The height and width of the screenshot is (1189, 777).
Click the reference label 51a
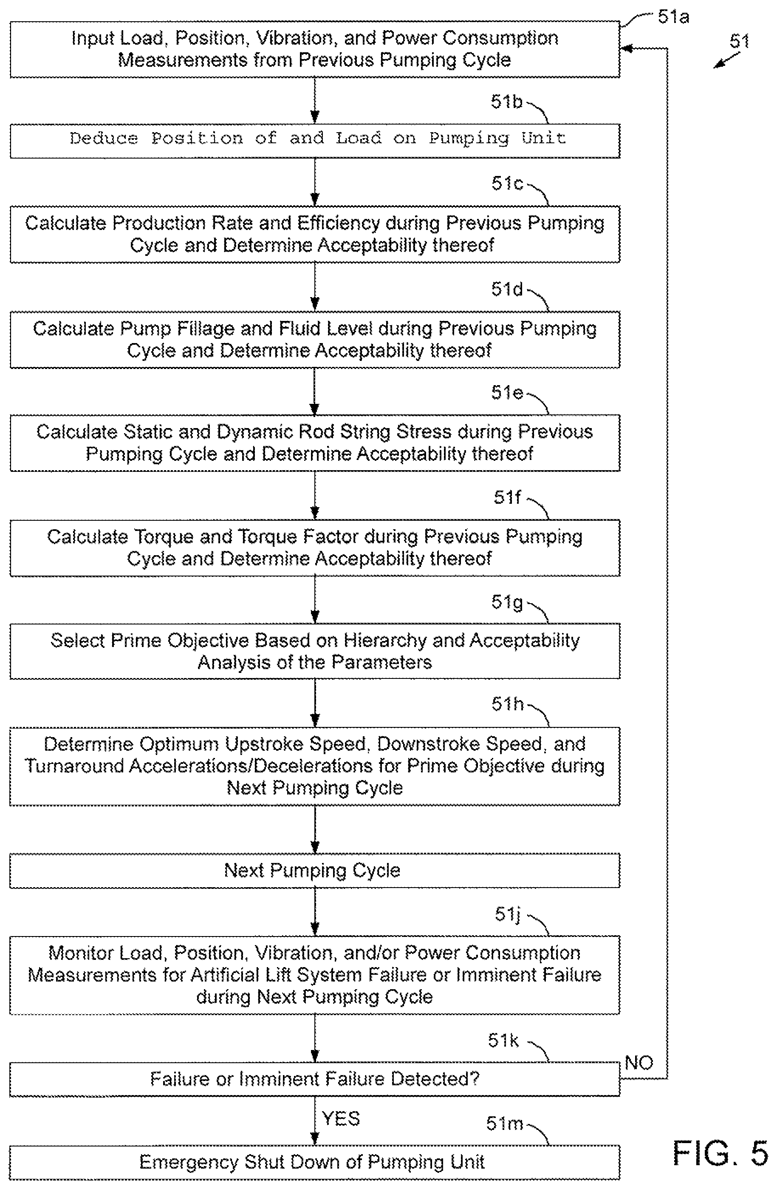point(673,17)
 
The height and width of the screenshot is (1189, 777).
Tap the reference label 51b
point(506,102)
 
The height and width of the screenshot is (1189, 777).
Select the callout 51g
point(507,602)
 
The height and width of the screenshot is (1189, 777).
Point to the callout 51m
point(504,1124)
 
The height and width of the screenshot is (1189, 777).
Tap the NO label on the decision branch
point(639,1063)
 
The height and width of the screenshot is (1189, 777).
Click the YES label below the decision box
point(341,1118)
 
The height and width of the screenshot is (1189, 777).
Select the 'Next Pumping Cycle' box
point(315,871)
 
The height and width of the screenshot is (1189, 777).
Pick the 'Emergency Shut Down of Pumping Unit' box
point(315,1162)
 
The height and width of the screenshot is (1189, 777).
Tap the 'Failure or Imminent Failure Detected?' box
point(315,1079)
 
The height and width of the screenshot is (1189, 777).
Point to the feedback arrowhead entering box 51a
point(626,48)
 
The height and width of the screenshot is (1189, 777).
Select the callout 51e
point(507,393)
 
